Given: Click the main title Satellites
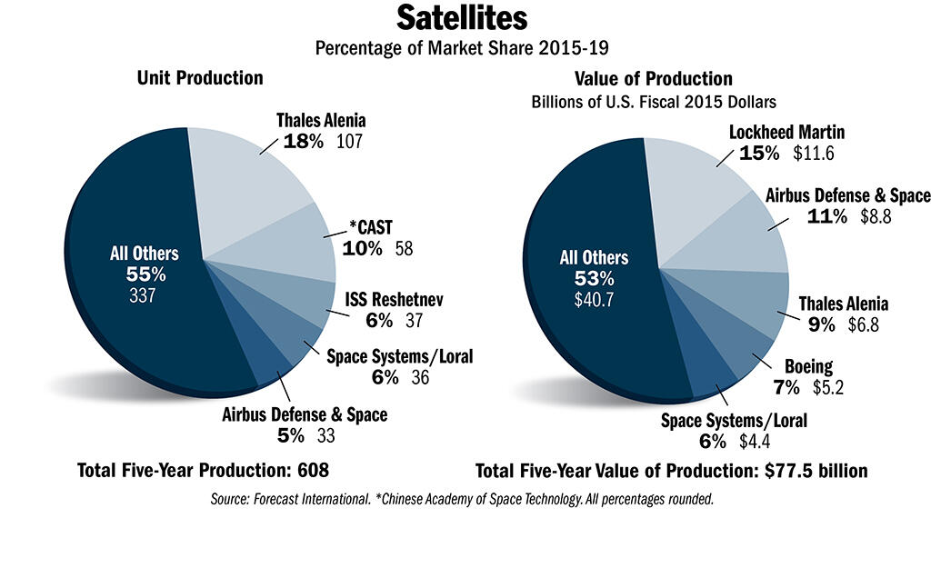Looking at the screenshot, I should (465, 20).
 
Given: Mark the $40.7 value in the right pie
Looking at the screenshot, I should (594, 297).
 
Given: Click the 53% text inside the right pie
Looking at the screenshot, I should (594, 277).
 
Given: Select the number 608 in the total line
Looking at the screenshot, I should (309, 471).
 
